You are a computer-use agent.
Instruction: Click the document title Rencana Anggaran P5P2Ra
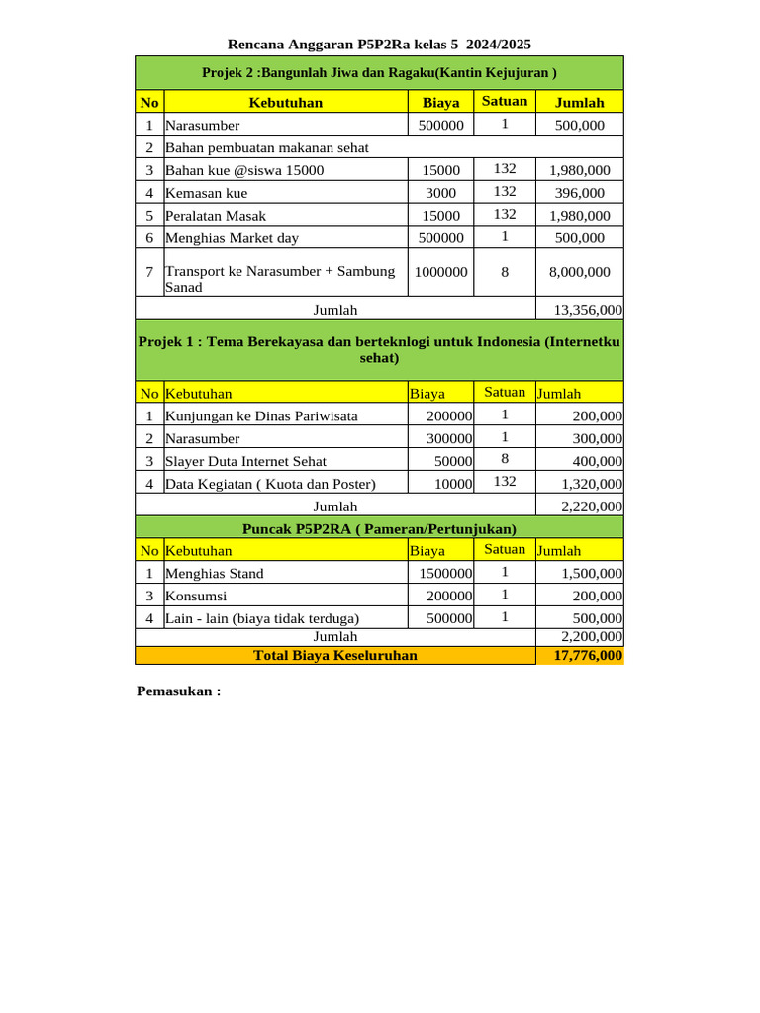pos(379,44)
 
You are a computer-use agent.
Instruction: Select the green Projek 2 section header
pos(379,72)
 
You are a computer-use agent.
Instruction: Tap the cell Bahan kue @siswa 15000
pos(244,170)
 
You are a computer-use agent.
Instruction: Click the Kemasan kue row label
pos(207,193)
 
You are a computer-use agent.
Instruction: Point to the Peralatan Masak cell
pos(216,216)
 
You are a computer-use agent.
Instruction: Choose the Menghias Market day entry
pos(232,238)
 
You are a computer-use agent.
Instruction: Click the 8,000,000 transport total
pos(579,272)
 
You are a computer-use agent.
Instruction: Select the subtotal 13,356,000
pos(588,310)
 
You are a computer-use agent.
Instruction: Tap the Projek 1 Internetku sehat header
pos(379,349)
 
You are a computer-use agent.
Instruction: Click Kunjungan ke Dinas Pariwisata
pos(261,416)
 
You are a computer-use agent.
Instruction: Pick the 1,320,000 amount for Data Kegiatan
pos(592,484)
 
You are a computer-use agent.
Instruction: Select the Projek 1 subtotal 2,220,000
pos(592,506)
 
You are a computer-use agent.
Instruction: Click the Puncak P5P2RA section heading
pos(379,528)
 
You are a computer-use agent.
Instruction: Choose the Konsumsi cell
pos(196,596)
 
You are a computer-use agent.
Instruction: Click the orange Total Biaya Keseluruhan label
pos(335,655)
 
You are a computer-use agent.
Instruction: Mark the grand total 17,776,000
pos(588,655)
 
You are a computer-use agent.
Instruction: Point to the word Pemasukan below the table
pos(177,691)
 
